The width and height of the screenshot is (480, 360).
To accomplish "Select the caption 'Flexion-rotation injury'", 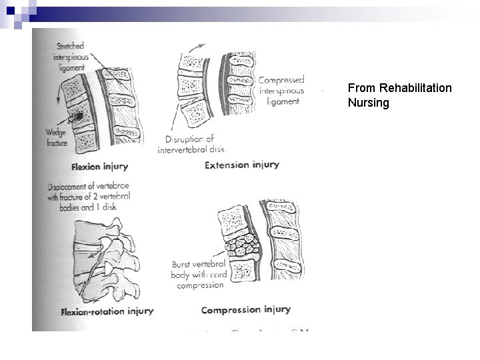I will [x=107, y=311].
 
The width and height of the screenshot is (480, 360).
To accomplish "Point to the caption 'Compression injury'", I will [x=245, y=309].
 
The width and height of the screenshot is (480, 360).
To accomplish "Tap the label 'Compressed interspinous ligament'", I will [x=281, y=90].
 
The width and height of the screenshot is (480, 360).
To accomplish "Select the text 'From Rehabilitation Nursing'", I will [x=399, y=95].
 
